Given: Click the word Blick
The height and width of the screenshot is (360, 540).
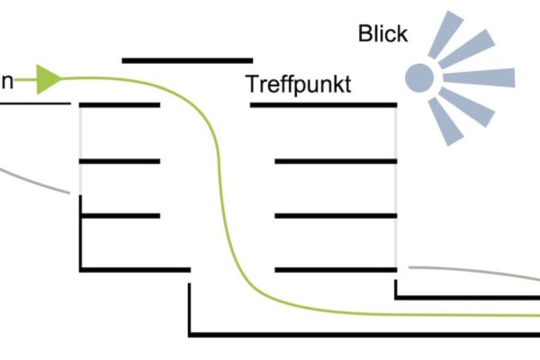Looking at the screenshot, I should click(382, 34).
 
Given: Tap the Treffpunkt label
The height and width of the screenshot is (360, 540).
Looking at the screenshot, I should click(298, 85).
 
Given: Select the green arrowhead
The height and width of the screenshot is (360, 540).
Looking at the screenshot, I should click(49, 79).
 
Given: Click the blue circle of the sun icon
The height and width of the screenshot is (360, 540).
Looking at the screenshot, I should click(418, 77).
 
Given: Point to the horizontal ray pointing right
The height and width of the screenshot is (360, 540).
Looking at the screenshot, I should click(478, 77).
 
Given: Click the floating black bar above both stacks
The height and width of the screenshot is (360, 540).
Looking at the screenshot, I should click(187, 61).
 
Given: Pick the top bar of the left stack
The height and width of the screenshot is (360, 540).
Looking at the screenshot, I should click(120, 105).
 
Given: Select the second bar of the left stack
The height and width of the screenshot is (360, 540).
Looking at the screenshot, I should click(120, 161).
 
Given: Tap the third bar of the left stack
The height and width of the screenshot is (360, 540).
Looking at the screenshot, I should click(120, 215).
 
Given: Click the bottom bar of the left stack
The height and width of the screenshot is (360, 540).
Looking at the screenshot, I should click(135, 268).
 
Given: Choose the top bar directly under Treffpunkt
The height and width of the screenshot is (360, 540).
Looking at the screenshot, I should click(323, 105).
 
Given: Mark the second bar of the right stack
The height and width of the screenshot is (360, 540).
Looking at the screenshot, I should click(336, 161).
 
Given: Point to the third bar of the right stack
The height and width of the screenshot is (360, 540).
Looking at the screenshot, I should click(336, 215).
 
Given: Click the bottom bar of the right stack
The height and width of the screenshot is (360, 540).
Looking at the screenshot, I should click(336, 268).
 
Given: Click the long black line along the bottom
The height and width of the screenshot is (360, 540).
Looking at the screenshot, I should click(360, 335).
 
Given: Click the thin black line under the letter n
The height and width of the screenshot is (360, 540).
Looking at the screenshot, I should click(34, 103).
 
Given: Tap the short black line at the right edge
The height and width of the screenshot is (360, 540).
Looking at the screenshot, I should click(468, 296).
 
